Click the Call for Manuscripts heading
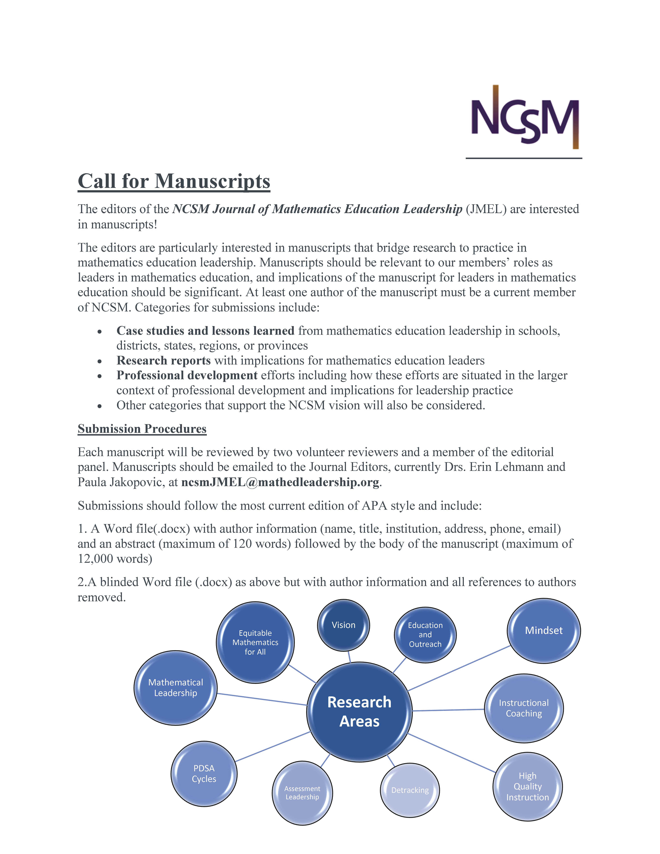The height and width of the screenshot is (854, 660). [174, 181]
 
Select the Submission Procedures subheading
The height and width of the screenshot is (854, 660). [142, 429]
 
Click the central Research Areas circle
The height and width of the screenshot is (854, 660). [359, 712]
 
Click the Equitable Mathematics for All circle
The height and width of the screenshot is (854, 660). [255, 642]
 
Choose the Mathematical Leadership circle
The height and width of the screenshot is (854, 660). [176, 688]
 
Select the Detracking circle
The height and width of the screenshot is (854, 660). [410, 790]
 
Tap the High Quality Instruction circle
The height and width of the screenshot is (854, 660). [527, 786]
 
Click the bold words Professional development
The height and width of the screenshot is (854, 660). [187, 375]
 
